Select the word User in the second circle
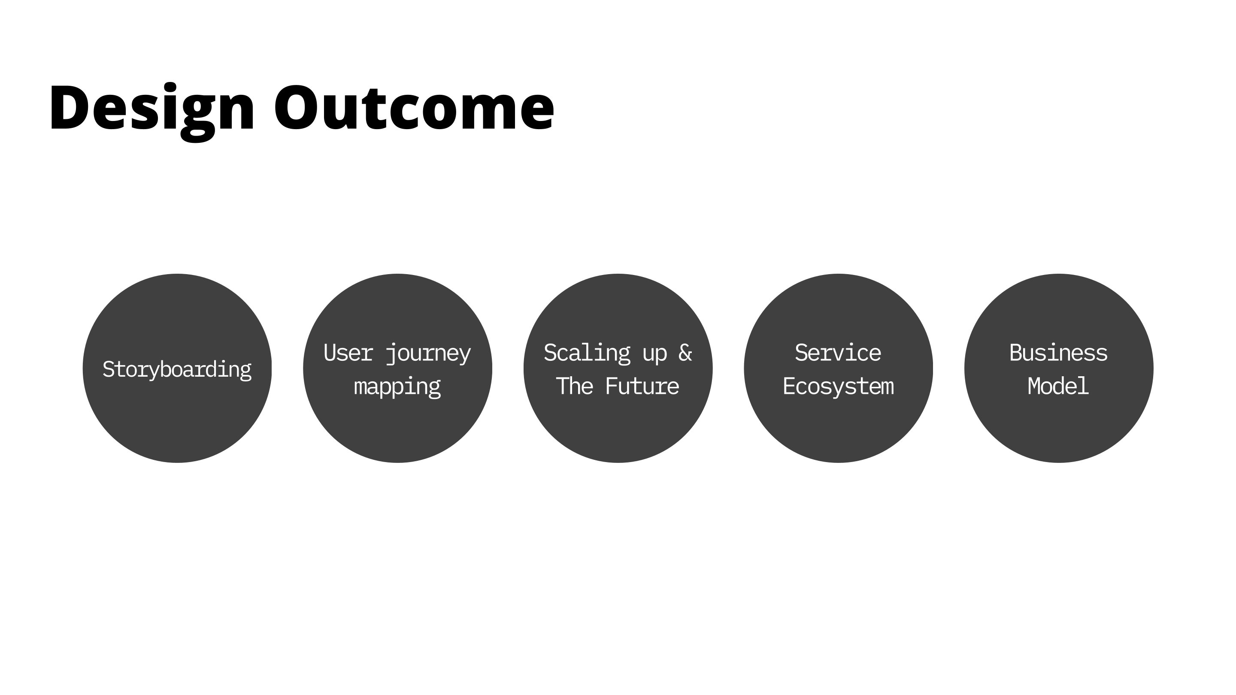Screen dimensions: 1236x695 click(348, 353)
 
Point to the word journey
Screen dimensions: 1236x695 click(428, 354)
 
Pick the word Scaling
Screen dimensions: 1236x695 click(587, 354)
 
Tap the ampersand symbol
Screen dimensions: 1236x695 click(685, 353)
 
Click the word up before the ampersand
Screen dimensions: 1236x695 click(655, 355)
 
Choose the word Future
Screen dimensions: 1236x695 click(642, 386)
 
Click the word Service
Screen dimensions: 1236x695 click(838, 353)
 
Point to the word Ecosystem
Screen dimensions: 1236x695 click(838, 387)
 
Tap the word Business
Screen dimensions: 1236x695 click(1058, 353)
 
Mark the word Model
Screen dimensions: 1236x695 click(1058, 386)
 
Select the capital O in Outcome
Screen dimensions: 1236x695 click(296, 106)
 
